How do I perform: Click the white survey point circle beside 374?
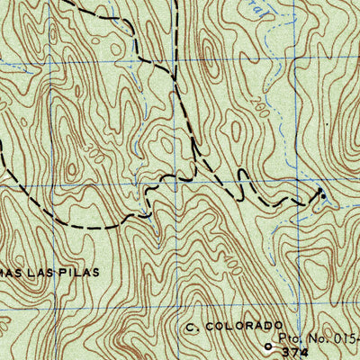(267, 346)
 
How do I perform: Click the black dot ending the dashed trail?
(322, 193)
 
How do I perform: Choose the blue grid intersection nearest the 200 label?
(294, 66)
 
